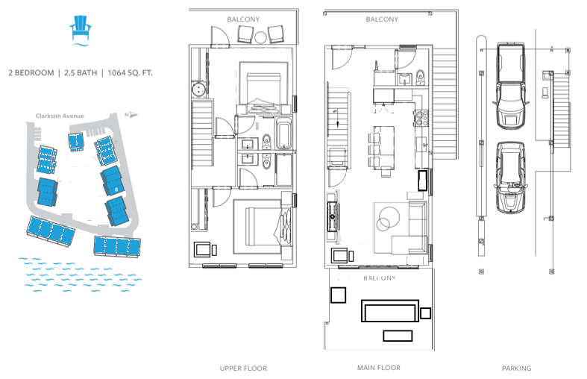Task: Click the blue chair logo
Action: tap(80, 30)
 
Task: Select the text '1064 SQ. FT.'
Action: tap(130, 72)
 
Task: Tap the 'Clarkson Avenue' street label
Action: tap(60, 116)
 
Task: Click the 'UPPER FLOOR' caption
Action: tap(243, 369)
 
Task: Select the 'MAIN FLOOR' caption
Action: tap(378, 368)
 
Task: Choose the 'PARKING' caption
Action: tap(517, 369)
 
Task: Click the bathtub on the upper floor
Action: tap(283, 134)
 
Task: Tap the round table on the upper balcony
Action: tap(260, 37)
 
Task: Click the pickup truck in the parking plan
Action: tap(509, 86)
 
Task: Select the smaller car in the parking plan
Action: tap(511, 177)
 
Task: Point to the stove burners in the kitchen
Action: tap(421, 118)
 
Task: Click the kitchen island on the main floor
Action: tap(384, 148)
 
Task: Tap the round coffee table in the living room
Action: tap(389, 218)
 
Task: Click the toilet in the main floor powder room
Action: tap(420, 77)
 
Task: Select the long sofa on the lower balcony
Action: tap(389, 310)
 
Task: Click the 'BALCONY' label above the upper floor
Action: tap(243, 19)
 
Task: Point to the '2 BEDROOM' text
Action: tap(31, 72)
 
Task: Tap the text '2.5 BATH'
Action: tap(81, 72)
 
